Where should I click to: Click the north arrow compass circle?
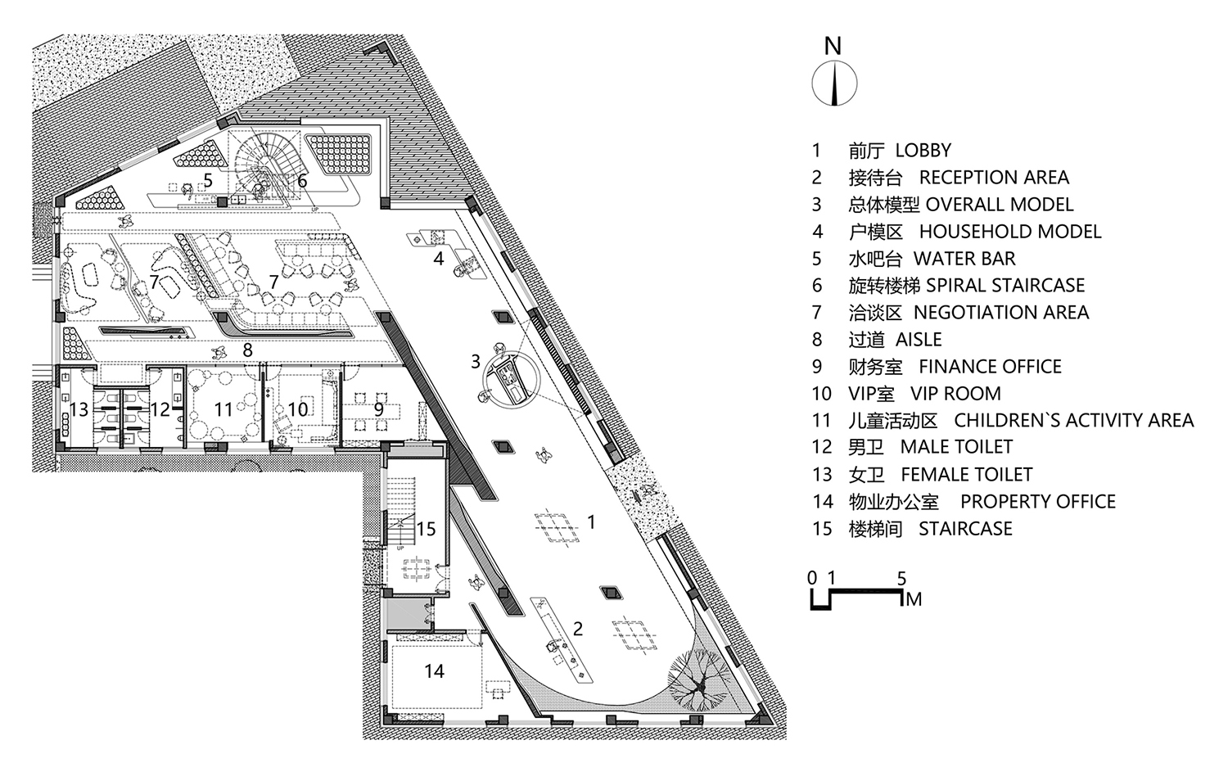[x=834, y=84]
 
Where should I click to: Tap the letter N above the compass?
[x=833, y=46]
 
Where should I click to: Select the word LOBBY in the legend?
[x=923, y=151]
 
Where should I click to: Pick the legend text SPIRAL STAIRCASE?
[x=1005, y=285]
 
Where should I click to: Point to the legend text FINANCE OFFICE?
[x=990, y=366]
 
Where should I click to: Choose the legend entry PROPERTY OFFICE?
[x=1038, y=501]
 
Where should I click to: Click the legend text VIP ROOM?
[x=955, y=393]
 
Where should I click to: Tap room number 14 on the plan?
[x=434, y=670]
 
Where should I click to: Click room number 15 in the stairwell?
[x=426, y=529]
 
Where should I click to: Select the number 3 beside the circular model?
[x=476, y=361]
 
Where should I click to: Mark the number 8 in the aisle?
[x=247, y=350]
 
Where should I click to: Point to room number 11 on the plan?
[x=223, y=409]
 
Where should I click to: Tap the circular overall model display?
[x=512, y=379]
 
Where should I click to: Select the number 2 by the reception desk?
[x=577, y=629]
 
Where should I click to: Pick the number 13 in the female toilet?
[x=79, y=409]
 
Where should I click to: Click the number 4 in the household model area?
[x=438, y=258]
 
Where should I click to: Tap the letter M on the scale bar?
[x=914, y=599]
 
